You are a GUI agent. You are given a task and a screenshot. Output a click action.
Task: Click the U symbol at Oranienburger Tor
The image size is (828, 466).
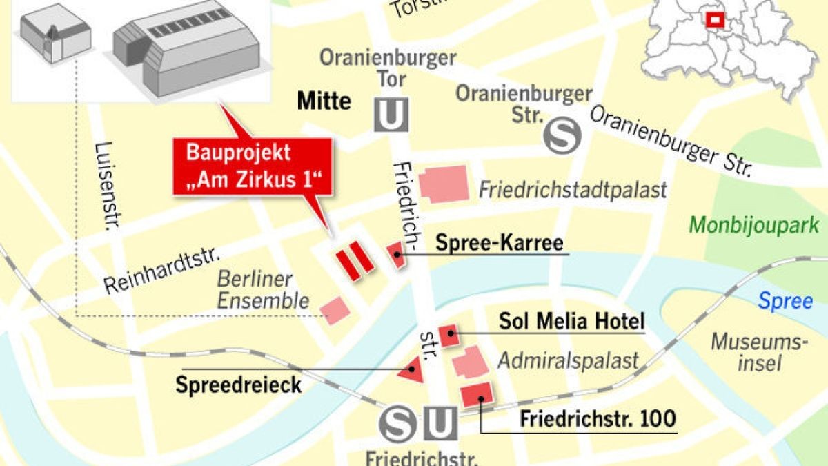click(391, 115)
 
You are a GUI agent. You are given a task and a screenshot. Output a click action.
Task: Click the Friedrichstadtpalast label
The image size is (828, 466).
click(573, 190)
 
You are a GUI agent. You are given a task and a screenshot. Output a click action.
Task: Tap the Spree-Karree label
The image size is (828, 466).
click(500, 243)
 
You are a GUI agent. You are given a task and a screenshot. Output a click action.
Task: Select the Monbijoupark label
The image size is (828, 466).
click(754, 224)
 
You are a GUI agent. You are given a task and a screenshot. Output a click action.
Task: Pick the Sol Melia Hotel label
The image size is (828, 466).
click(571, 322)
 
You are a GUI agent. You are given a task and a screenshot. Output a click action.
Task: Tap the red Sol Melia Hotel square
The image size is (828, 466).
click(449, 335)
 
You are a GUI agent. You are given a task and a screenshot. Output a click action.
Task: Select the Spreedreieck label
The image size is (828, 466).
click(238, 384)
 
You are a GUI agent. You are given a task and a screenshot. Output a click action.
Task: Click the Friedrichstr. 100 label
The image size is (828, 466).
click(598, 418)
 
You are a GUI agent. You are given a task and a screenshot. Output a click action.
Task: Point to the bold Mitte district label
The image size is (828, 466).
click(324, 101)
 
